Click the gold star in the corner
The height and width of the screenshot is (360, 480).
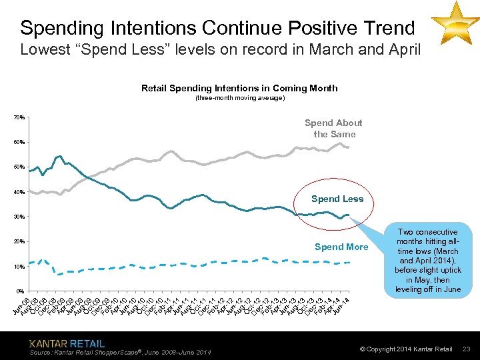pyautogui.click(x=455, y=23)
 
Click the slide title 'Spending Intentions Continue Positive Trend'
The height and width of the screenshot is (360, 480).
pyautogui.click(x=217, y=28)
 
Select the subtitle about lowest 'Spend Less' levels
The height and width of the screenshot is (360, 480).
pyautogui.click(x=220, y=49)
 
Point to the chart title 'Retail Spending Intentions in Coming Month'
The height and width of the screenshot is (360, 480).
pyautogui.click(x=239, y=88)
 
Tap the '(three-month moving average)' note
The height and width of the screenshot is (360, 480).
pyautogui.click(x=239, y=98)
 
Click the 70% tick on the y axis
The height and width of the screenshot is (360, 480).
pyautogui.click(x=19, y=118)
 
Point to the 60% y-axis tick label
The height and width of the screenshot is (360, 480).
pyautogui.click(x=19, y=143)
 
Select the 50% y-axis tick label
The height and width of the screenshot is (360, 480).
pyautogui.click(x=19, y=167)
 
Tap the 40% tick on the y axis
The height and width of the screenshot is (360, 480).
pyautogui.click(x=19, y=192)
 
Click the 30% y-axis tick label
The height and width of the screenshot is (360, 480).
pyautogui.click(x=19, y=217)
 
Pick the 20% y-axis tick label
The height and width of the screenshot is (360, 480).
pyautogui.click(x=19, y=242)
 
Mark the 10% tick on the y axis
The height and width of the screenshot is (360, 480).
pyautogui.click(x=19, y=267)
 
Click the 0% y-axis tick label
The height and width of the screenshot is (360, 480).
pyautogui.click(x=20, y=291)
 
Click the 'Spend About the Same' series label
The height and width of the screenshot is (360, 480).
pyautogui.click(x=333, y=129)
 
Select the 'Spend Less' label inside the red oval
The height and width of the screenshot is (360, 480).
pyautogui.click(x=337, y=199)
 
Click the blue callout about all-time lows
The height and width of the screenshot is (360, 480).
pyautogui.click(x=427, y=261)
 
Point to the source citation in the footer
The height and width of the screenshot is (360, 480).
pyautogui.click(x=121, y=352)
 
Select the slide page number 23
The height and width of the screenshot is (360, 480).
pyautogui.click(x=467, y=349)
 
